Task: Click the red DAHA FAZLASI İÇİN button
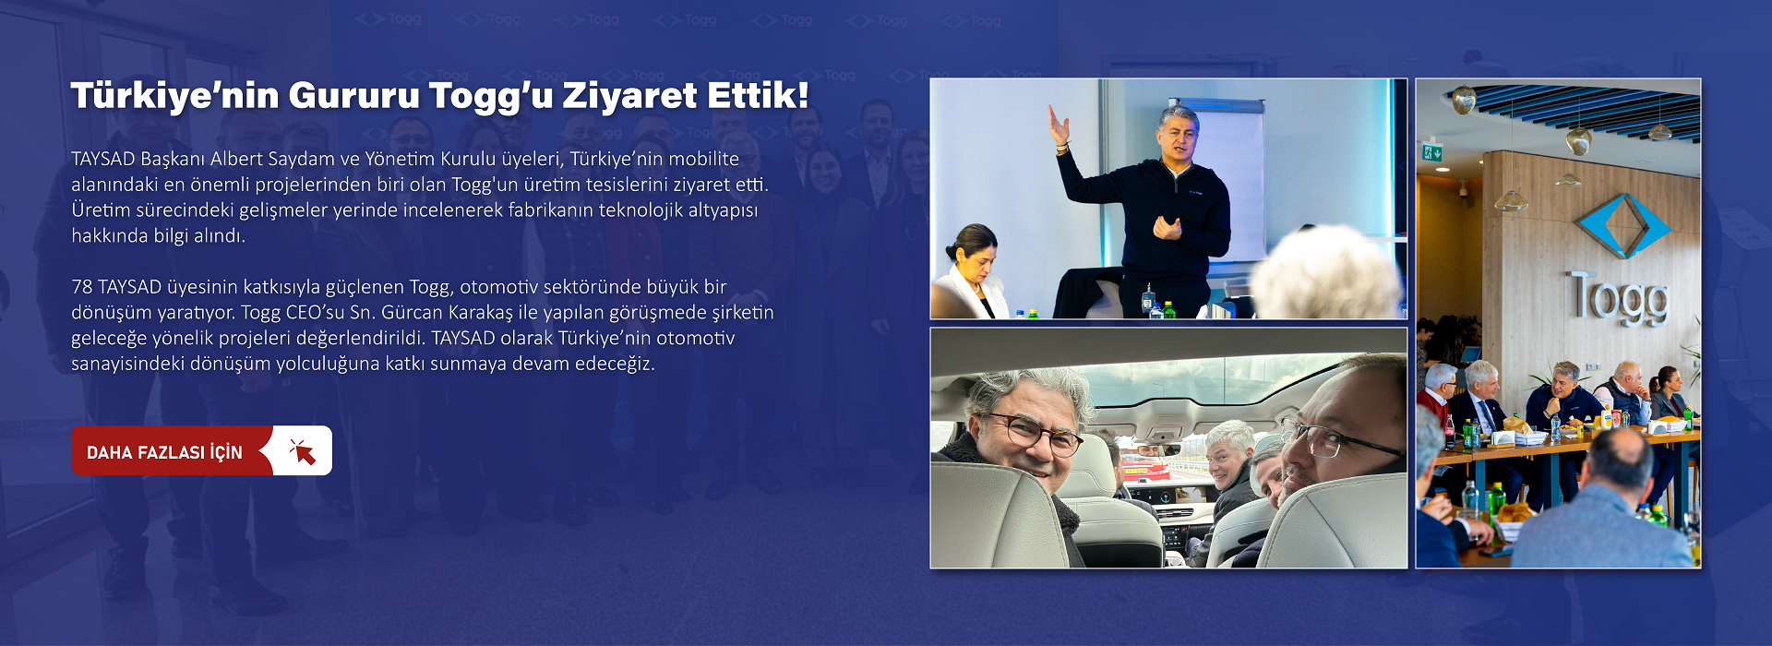(201, 450)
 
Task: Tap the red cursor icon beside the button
(303, 451)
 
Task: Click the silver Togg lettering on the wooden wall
(1619, 297)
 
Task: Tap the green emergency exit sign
(1431, 152)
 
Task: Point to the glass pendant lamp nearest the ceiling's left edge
(1463, 99)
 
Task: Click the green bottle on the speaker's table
(1168, 310)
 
